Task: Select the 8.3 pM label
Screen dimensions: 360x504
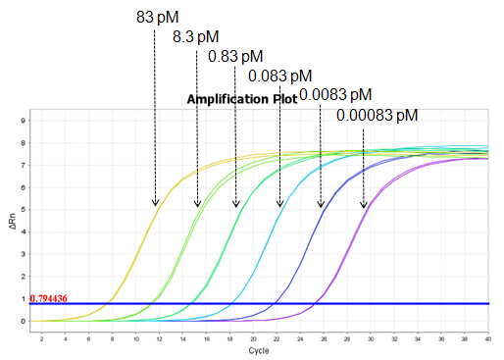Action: pyautogui.click(x=195, y=36)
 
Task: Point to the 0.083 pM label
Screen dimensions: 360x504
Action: pyautogui.click(x=279, y=76)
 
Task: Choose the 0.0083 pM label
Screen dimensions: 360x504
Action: pyautogui.click(x=335, y=94)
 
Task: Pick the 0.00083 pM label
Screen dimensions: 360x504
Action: pyautogui.click(x=377, y=115)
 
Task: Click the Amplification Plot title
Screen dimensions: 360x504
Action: pyautogui.click(x=241, y=100)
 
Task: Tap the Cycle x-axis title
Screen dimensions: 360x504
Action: pyautogui.click(x=259, y=349)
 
